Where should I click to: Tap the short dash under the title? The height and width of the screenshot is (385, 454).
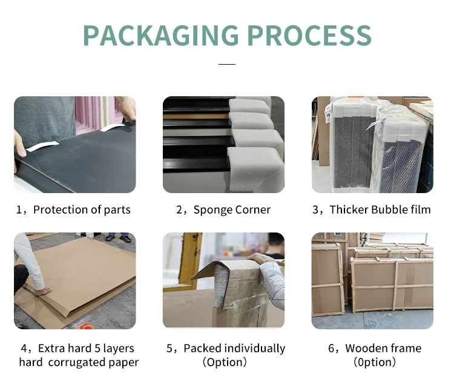[226, 64]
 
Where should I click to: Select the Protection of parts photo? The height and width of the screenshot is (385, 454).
[75, 145]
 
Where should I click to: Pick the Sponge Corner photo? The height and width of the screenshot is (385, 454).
[223, 145]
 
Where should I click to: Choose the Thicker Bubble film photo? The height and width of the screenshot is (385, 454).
[372, 145]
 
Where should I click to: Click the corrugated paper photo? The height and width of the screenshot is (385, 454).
[75, 280]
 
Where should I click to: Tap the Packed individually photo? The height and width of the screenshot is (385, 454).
[223, 280]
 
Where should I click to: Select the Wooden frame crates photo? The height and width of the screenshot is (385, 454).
[372, 280]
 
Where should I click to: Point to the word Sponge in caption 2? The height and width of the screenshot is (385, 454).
[211, 210]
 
